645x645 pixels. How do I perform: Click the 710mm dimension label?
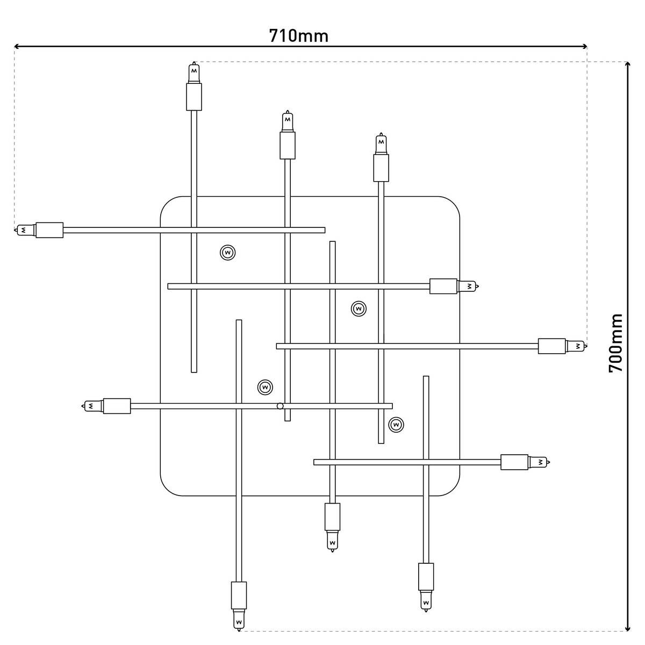298,35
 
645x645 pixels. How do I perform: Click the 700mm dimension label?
615,343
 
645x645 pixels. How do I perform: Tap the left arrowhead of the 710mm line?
17,47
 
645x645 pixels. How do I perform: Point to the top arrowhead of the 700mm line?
627,65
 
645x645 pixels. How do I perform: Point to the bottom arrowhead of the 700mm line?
627,627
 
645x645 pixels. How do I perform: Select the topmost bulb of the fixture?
194,72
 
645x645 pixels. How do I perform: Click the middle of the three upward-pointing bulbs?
288,121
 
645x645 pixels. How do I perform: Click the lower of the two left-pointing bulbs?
92,406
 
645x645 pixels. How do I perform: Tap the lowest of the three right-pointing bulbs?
539,462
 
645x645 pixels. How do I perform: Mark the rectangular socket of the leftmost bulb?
49,230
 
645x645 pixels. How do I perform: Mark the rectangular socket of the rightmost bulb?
551,346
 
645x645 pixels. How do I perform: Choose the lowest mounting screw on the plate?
396,424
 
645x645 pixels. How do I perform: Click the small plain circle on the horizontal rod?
279,406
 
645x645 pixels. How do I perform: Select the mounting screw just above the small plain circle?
264,387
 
